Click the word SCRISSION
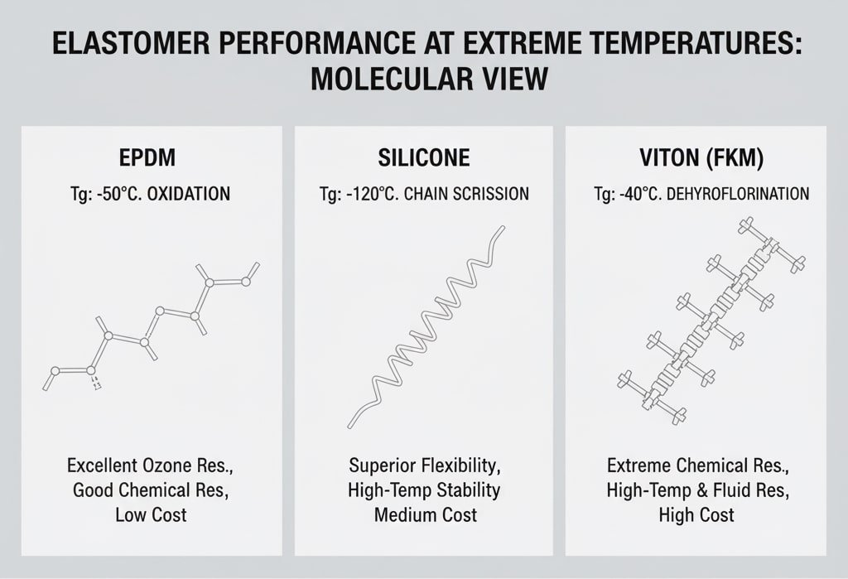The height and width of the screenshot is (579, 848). point(488,195)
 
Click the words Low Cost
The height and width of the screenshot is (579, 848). point(151,514)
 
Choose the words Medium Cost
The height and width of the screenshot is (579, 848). point(425,514)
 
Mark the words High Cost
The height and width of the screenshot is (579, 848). point(696,514)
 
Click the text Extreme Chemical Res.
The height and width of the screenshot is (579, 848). point(696,465)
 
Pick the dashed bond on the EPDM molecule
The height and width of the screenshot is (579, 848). point(96,384)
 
